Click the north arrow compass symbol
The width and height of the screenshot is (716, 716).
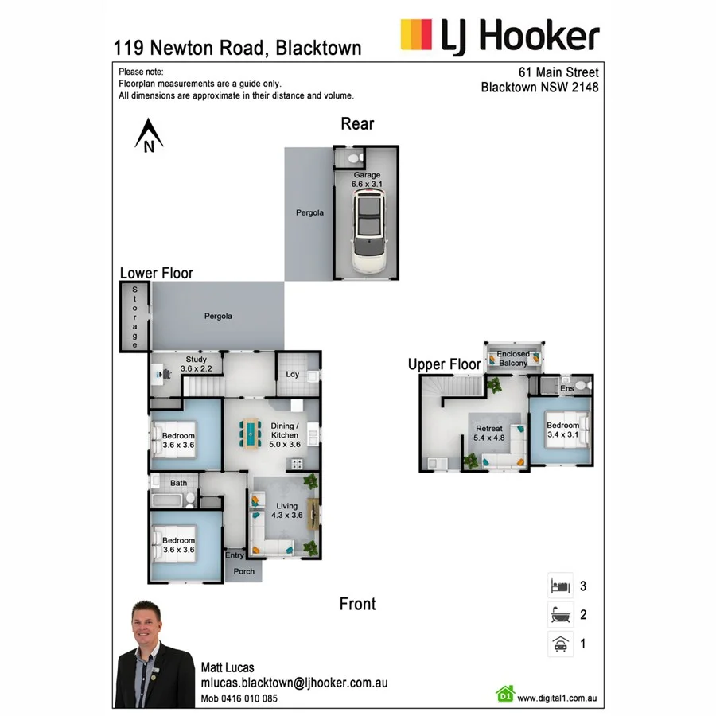point(149,135)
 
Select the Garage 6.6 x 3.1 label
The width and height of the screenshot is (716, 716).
point(367,180)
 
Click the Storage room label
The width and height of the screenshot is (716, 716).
point(135,317)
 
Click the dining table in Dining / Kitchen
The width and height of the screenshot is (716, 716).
point(251,433)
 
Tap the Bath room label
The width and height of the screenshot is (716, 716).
point(178,483)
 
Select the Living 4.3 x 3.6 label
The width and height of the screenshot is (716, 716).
point(286,511)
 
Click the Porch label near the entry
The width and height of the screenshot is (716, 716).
point(244,571)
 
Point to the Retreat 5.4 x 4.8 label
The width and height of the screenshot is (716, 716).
point(488,434)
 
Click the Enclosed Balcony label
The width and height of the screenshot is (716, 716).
point(512,359)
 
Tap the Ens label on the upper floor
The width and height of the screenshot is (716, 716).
point(567,388)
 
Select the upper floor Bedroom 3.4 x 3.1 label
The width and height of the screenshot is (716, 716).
point(562,430)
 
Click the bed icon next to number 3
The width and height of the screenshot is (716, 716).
point(561,587)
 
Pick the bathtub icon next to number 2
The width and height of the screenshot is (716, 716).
point(561,615)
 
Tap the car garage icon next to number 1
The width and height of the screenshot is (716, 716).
point(561,644)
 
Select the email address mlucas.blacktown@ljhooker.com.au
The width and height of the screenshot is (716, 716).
point(294,683)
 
